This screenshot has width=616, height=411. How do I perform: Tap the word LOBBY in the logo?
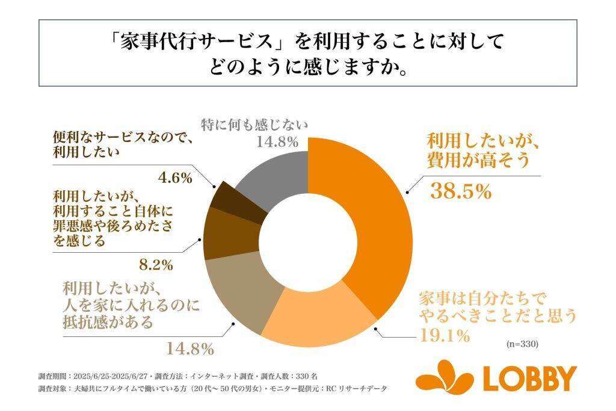click(x=530, y=379)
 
